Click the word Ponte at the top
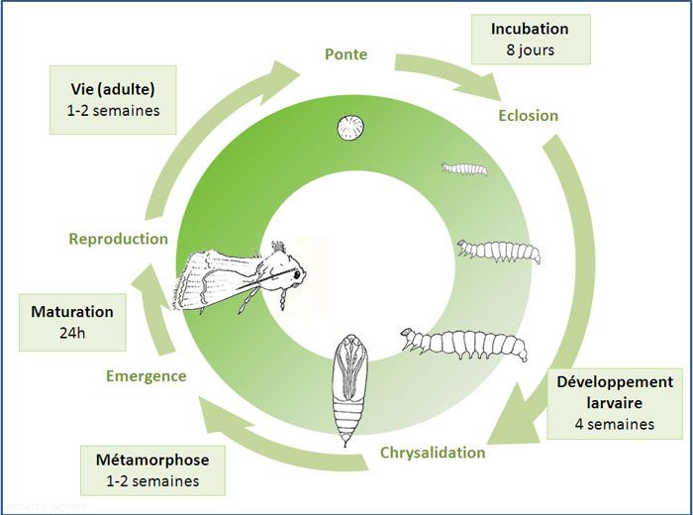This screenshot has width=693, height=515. coord(346,53)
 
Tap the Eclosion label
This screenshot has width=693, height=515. coord(529,115)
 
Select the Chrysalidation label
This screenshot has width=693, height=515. coord(433,453)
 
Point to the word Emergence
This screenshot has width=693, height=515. coord(146,375)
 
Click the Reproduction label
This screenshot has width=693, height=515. coord(118,239)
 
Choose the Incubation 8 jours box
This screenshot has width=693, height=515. coord(530,39)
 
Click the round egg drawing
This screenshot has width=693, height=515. coord(347,128)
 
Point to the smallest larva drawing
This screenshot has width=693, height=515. coord(463,168)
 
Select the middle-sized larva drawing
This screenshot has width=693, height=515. coord(499,251)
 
